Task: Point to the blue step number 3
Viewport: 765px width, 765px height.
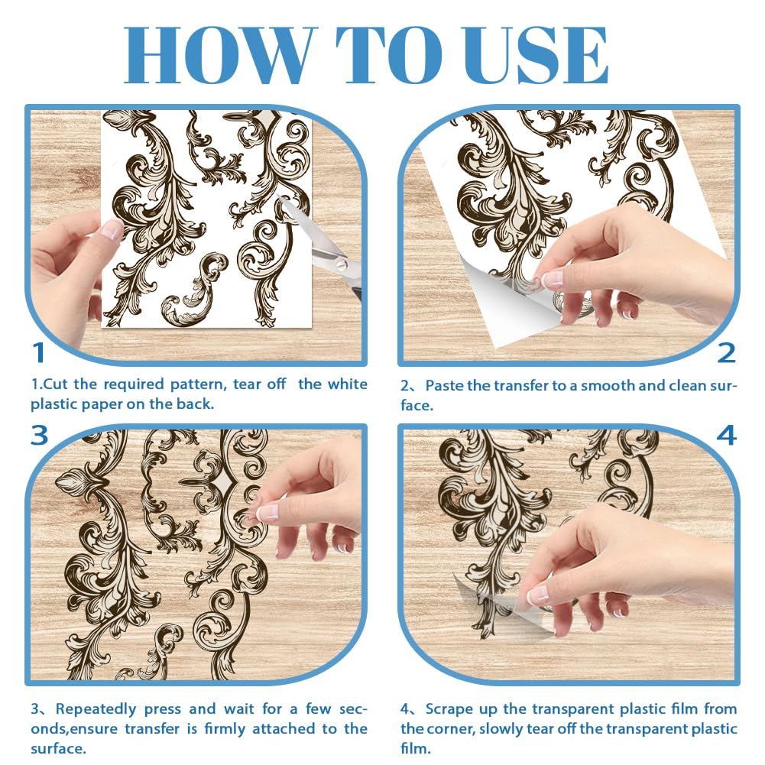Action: [x=39, y=436]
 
